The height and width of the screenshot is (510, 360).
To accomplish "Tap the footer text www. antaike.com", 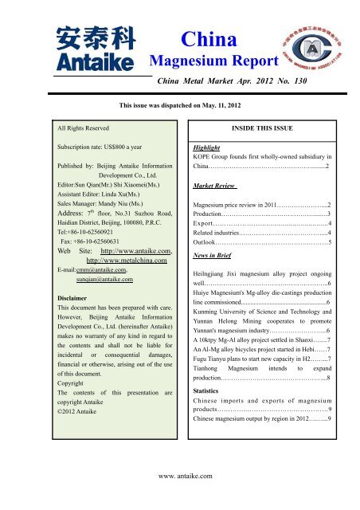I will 178,475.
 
